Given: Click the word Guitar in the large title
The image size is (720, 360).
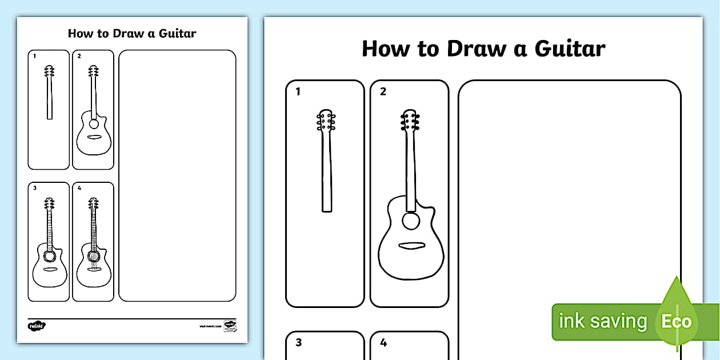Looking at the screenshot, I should pos(570,49).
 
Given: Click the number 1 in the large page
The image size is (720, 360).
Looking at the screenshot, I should pos(298,91).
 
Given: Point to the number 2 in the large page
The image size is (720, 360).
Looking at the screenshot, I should pos(383,91).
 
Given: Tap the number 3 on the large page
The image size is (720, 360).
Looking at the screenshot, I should pos(298,343).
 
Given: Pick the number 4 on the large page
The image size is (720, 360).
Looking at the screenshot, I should pos(383,343).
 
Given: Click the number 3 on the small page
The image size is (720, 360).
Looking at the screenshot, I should pos(34,188).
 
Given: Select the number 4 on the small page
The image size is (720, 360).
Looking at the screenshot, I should pos(79,188).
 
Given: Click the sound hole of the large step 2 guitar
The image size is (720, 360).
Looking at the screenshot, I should pos(410,221).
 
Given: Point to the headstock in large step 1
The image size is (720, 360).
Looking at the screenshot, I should pos(326,121).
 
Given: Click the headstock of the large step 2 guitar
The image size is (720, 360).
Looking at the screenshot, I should pos(409,121).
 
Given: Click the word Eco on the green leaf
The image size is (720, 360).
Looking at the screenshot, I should pos(677,321).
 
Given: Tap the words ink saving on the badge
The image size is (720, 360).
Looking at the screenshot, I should pos(602,321).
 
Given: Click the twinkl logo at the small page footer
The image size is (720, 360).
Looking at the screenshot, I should pos(37,326).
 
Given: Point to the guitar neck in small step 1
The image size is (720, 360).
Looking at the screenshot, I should pos(50,97).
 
